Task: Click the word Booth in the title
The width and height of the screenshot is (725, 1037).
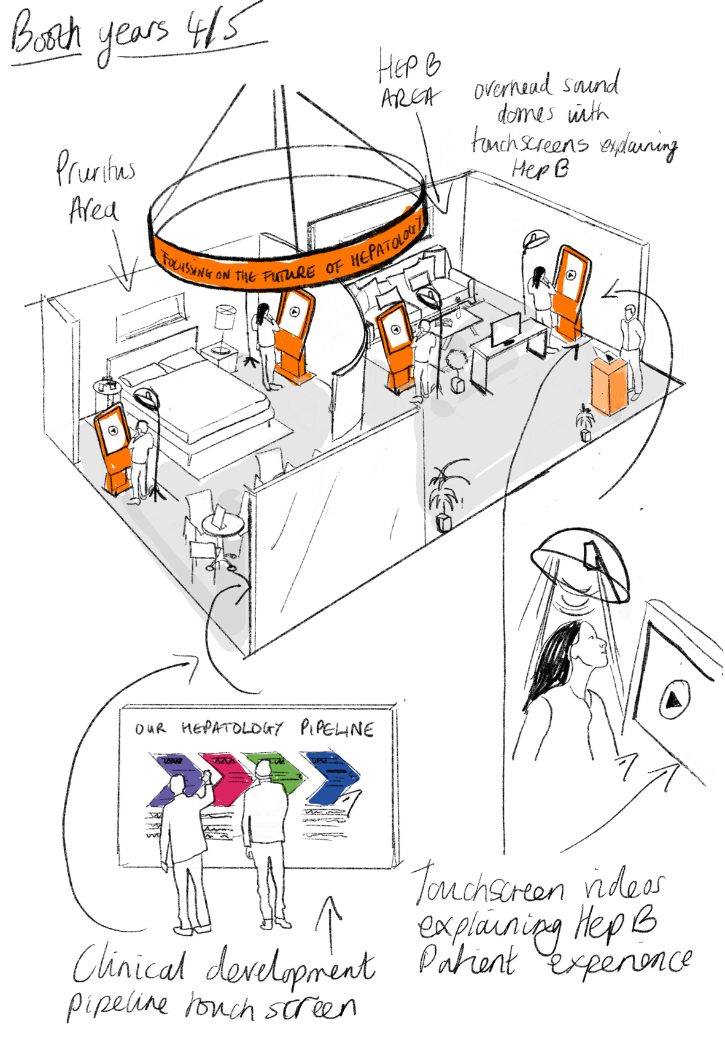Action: (46, 36)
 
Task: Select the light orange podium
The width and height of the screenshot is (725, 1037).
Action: (608, 386)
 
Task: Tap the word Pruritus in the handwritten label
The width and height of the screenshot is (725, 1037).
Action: (95, 169)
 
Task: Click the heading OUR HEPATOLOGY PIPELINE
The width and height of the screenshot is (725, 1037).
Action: (254, 729)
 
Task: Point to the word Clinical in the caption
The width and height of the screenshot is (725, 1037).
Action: (129, 966)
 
